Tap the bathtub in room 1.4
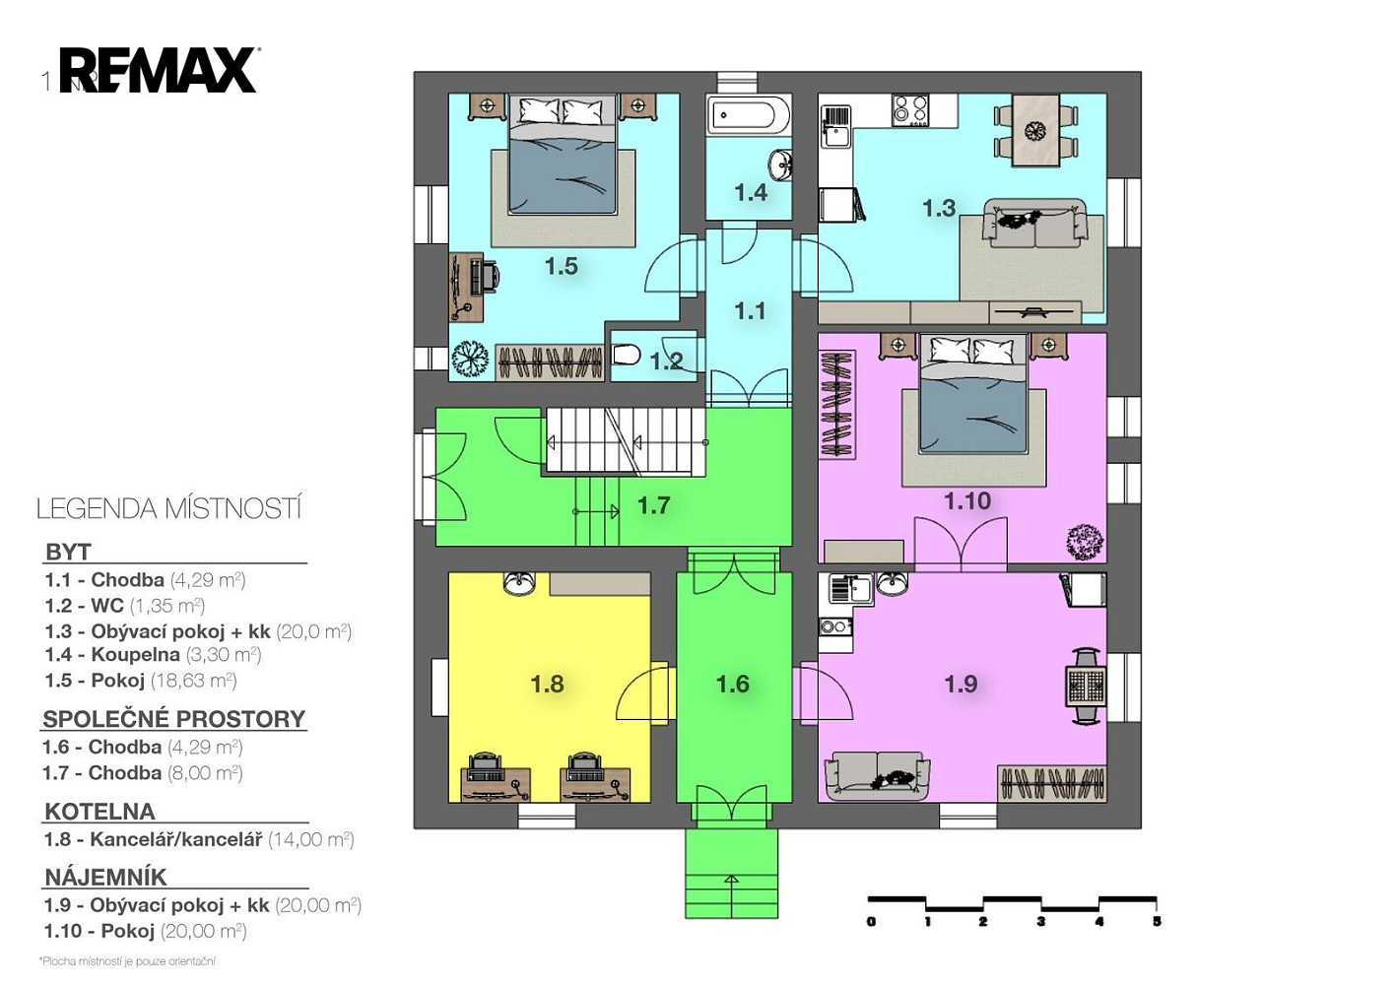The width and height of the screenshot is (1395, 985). [x=749, y=114]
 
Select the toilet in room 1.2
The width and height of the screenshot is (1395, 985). [x=626, y=356]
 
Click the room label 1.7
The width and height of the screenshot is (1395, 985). [x=654, y=505]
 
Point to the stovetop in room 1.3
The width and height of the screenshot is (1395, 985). [x=910, y=110]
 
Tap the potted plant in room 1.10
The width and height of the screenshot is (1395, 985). [x=1085, y=543]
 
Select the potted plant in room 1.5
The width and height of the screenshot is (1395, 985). [x=470, y=359]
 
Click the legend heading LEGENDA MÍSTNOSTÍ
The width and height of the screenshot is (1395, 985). [x=168, y=508]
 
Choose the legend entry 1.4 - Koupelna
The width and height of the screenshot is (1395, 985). [x=153, y=654]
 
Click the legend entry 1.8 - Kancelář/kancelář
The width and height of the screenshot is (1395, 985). [x=199, y=839]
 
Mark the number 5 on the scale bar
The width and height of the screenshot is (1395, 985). [x=1157, y=921]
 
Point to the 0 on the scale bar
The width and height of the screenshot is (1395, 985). [x=871, y=921]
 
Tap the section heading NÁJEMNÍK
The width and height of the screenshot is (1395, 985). [x=105, y=877]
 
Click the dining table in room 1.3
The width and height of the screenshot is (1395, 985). [x=1035, y=129]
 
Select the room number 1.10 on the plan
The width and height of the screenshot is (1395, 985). [x=967, y=500]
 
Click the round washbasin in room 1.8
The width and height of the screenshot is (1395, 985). [x=519, y=583]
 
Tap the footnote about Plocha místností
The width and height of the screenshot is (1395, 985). [x=127, y=961]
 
